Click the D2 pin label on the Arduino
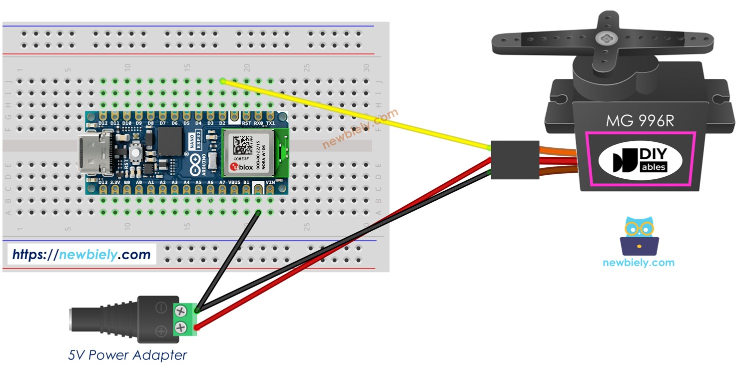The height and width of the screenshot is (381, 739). (x=222, y=123)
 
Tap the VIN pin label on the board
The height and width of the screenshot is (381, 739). (x=270, y=183)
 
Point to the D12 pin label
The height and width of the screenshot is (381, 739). (x=103, y=123)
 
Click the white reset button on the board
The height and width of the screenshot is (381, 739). (x=134, y=152)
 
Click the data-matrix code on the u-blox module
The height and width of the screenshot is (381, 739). (x=243, y=143)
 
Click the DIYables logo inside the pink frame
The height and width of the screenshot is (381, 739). (x=641, y=159)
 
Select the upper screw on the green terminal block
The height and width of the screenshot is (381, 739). (x=180, y=311)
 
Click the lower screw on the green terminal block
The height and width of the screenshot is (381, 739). (x=180, y=328)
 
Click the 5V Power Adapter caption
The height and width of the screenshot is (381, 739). (x=127, y=355)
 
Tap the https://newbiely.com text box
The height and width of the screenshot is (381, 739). (x=81, y=255)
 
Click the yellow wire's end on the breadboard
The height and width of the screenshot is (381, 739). (x=222, y=81)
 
